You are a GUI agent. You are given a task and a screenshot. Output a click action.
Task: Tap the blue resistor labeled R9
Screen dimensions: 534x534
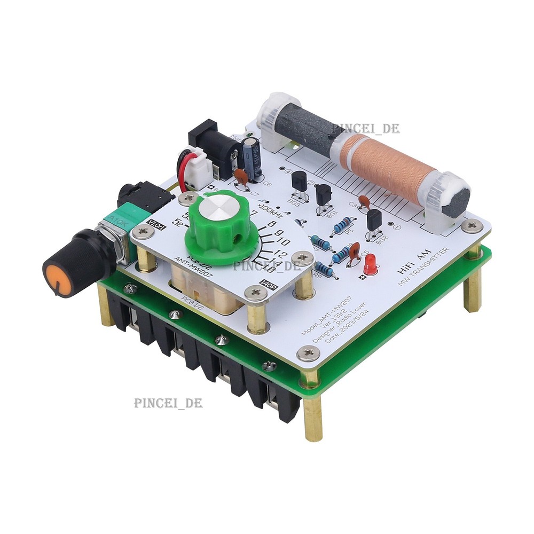(x=324, y=269)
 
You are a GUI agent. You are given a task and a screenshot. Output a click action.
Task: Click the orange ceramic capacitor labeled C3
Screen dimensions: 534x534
(x=364, y=201)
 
